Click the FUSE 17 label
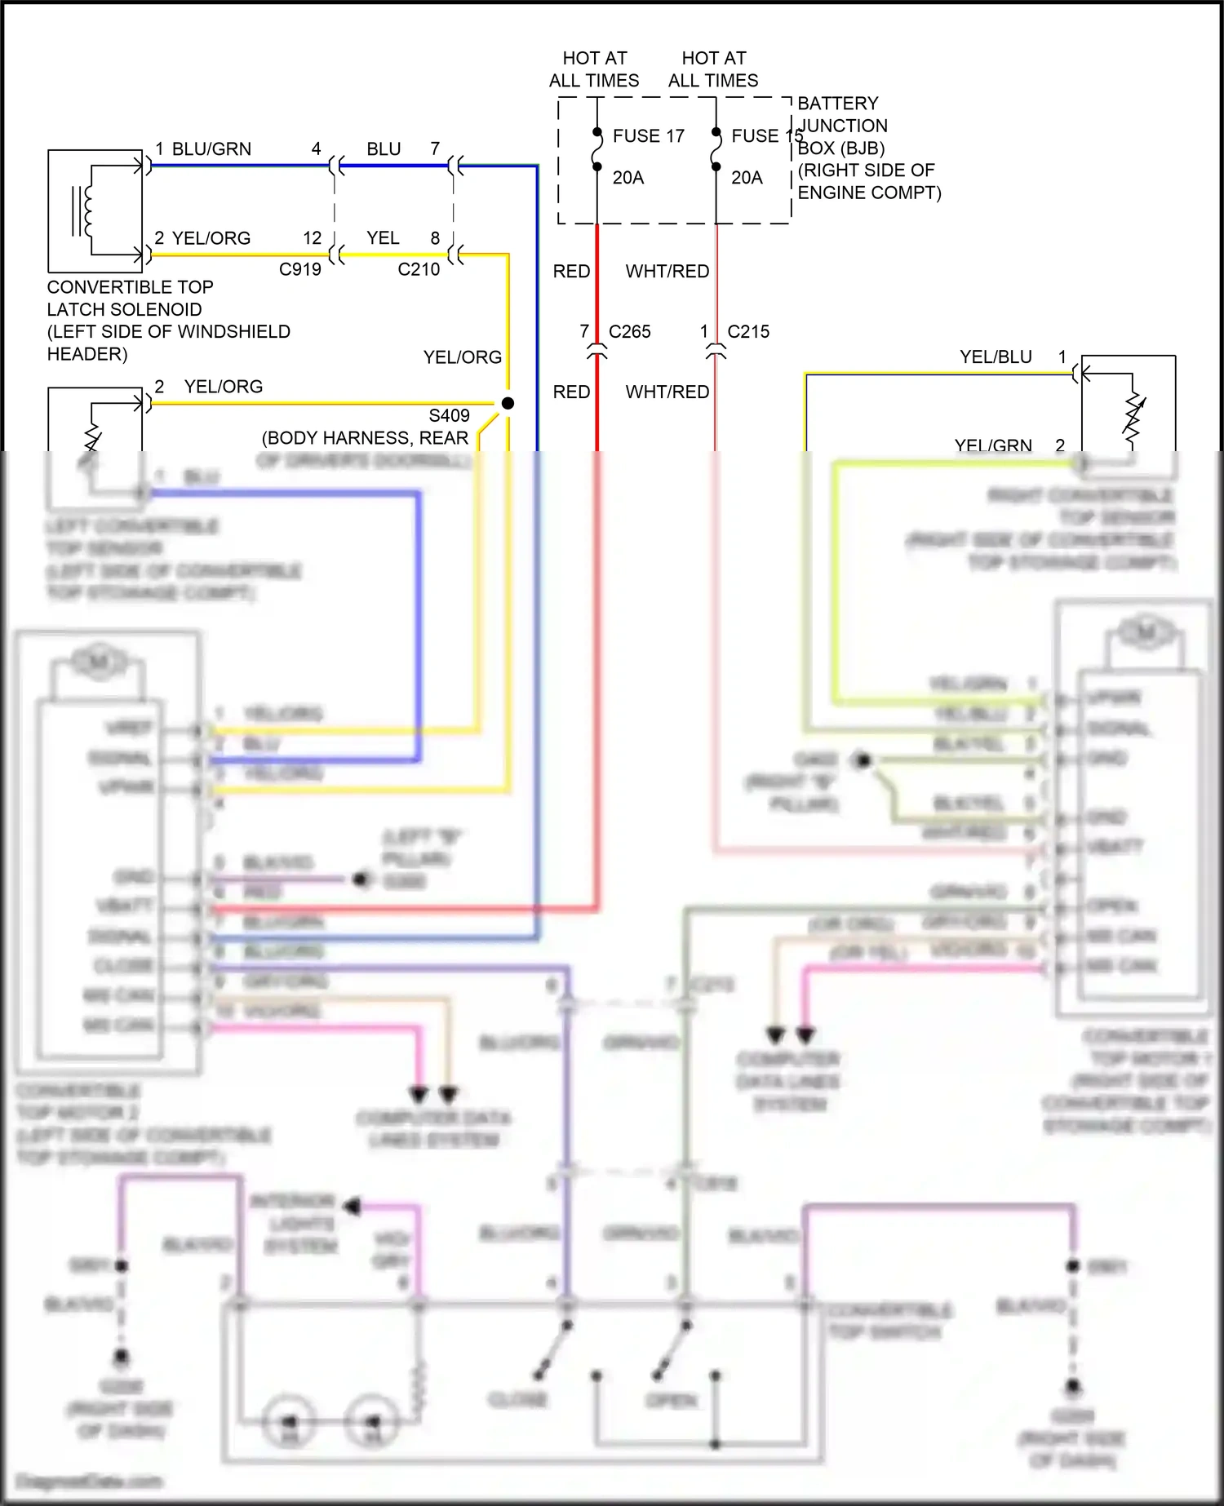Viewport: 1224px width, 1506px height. tap(648, 136)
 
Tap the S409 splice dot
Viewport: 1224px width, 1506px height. tap(508, 403)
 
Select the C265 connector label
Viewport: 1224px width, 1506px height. tap(629, 332)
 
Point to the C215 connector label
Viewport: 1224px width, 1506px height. tap(747, 332)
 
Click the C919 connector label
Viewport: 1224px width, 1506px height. tap(299, 270)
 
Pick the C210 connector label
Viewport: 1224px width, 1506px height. tap(418, 270)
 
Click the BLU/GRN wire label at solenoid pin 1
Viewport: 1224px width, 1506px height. tap(211, 149)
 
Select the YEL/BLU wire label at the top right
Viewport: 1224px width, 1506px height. tap(996, 357)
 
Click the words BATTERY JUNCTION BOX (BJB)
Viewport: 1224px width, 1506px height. tap(842, 126)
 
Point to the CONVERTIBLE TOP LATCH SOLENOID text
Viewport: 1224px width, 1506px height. tap(130, 299)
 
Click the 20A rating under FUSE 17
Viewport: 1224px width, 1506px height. tap(628, 178)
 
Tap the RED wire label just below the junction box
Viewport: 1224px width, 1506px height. tap(571, 272)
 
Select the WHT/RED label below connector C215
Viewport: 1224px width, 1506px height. tap(667, 392)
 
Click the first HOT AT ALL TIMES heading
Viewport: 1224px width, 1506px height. tap(594, 69)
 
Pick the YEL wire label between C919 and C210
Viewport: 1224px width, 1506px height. tap(383, 238)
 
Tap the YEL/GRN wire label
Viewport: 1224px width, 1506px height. tap(993, 445)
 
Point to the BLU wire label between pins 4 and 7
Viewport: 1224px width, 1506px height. tap(384, 149)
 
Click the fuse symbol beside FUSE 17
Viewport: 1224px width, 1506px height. tap(597, 150)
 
